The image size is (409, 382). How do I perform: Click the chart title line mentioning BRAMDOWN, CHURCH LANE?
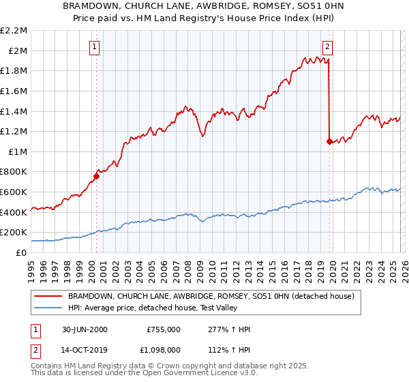coord(204,6)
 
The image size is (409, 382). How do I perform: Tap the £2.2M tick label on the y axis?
coord(14,31)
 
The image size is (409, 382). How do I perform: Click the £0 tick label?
coord(21,252)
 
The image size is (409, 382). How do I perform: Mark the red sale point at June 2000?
coord(96,176)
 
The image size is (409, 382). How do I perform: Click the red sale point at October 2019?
coord(329,141)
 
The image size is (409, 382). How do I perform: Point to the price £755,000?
coord(163,329)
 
